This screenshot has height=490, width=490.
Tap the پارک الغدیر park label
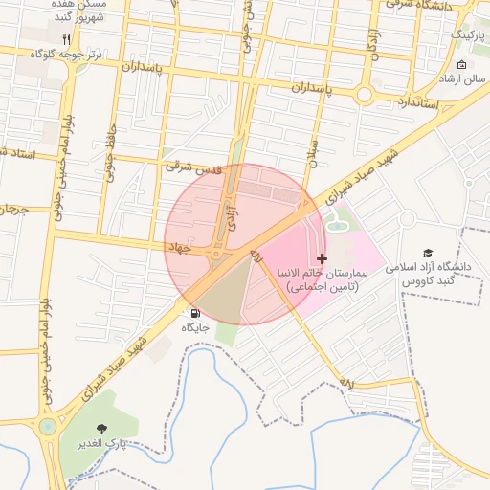[100, 445]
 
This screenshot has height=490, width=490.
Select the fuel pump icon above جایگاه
[195, 313]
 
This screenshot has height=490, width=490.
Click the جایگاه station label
[195, 327]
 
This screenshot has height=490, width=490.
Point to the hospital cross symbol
[322, 258]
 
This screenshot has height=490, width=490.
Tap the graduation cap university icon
[428, 253]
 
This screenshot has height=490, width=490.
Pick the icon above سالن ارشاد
[463, 65]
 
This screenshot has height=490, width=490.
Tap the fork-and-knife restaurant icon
[65, 39]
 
